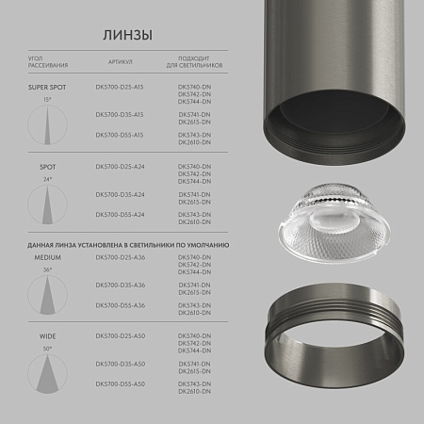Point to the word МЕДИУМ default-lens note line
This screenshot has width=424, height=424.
click(127, 244)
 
